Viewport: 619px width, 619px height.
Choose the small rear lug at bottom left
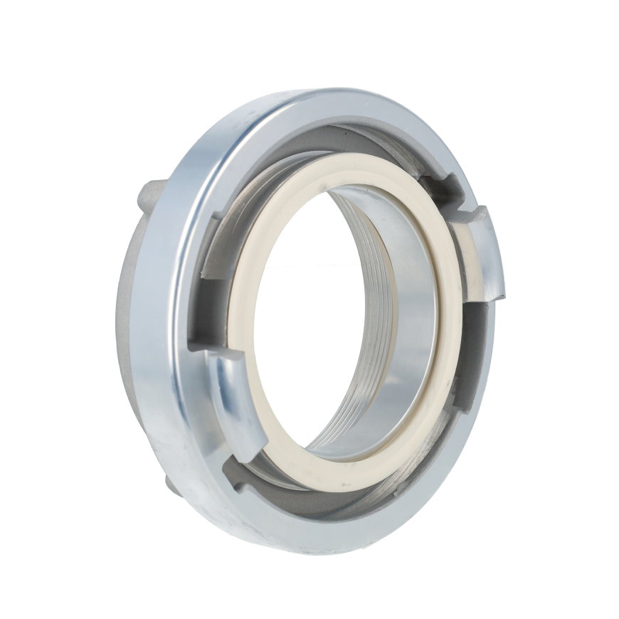[172, 484]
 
